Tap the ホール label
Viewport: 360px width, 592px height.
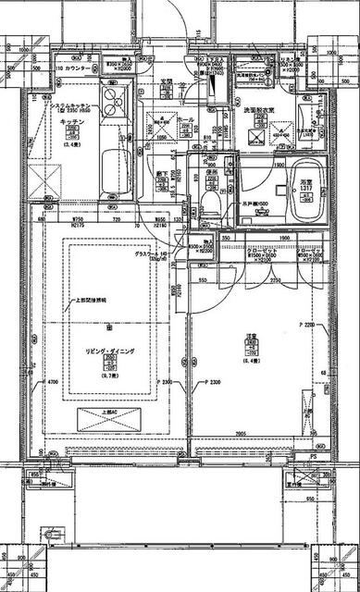(185, 119)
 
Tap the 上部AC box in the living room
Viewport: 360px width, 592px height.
(109, 417)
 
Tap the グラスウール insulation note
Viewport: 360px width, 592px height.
(153, 253)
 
